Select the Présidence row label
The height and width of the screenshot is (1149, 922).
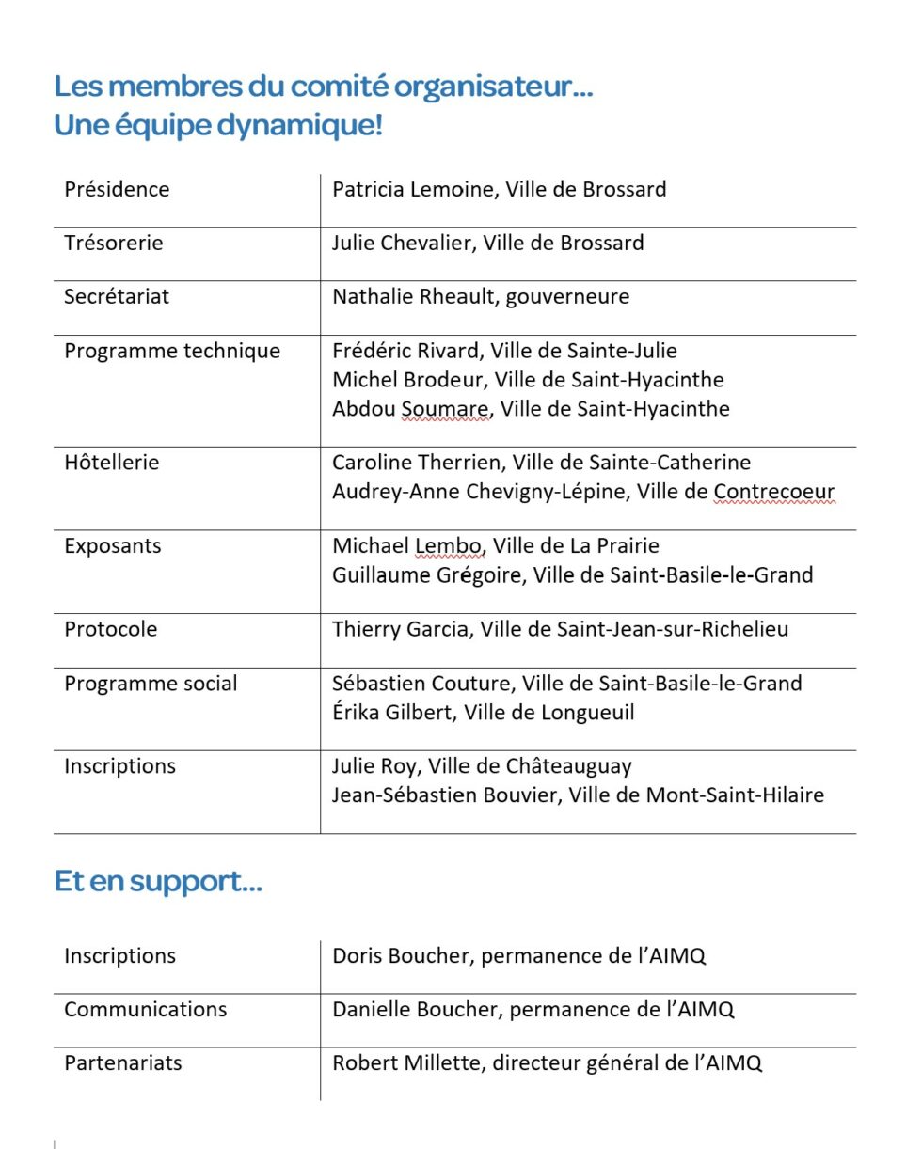click(117, 189)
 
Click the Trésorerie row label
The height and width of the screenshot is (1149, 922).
click(113, 243)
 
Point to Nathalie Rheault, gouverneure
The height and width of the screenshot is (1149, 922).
click(481, 297)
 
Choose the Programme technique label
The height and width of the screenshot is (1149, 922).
click(172, 351)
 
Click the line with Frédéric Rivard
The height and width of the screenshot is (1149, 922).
click(504, 351)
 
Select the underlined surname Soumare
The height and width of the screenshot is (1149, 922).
click(445, 409)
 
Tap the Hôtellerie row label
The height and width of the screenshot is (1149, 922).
click(111, 463)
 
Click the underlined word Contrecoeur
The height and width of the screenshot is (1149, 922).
click(773, 492)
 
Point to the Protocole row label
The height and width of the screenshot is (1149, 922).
click(110, 629)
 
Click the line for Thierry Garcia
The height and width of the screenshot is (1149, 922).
click(560, 629)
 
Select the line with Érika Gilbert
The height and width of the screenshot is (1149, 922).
click(483, 713)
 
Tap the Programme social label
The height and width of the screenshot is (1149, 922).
click(151, 684)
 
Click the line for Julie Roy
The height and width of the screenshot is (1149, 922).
click(482, 766)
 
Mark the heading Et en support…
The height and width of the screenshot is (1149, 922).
click(158, 882)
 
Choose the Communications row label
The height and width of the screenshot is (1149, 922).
click(145, 1010)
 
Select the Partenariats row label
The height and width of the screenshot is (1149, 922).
click(123, 1063)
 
